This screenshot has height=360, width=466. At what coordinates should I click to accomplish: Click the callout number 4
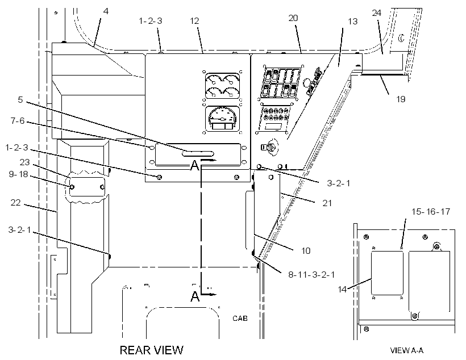point(106,11)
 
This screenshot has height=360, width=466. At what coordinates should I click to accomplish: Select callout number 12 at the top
point(194,21)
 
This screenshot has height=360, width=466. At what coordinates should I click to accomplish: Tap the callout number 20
point(293,18)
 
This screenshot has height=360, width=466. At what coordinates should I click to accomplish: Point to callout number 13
point(353,22)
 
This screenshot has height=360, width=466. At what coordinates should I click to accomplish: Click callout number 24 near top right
point(377,12)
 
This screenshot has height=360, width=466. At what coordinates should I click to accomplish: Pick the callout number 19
point(401,99)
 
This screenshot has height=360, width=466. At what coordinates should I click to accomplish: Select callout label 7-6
point(18,121)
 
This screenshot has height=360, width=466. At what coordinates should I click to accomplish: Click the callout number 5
point(20,99)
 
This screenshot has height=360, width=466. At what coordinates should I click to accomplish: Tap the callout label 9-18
point(18,174)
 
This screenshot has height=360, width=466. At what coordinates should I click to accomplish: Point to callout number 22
point(16,203)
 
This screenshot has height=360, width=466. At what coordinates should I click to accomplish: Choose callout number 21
point(327,203)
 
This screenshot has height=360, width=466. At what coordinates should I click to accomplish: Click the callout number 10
point(306,250)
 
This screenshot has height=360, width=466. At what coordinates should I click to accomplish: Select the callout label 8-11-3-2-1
point(311,275)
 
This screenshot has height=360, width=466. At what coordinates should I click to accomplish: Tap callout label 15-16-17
point(431,211)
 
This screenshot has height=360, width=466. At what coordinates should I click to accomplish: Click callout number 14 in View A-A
point(342,289)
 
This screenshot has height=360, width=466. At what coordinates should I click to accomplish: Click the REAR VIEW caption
point(152,350)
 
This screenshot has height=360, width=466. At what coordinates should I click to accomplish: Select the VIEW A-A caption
point(407,350)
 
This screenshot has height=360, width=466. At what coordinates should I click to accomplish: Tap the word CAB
point(240,319)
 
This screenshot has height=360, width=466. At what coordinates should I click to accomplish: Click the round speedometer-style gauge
point(222,119)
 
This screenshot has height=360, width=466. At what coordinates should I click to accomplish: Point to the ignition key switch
point(270,146)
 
